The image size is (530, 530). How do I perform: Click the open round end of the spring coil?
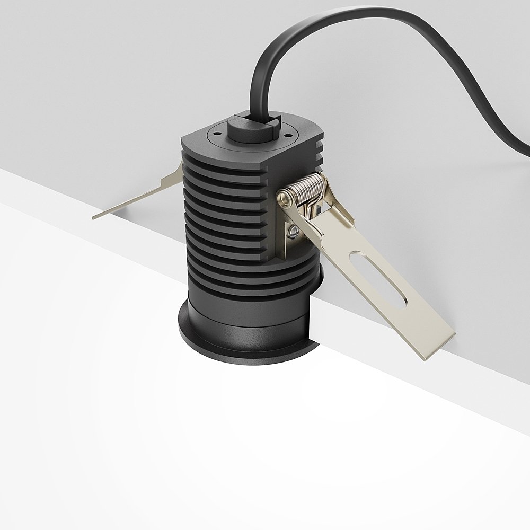[x=284, y=199]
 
